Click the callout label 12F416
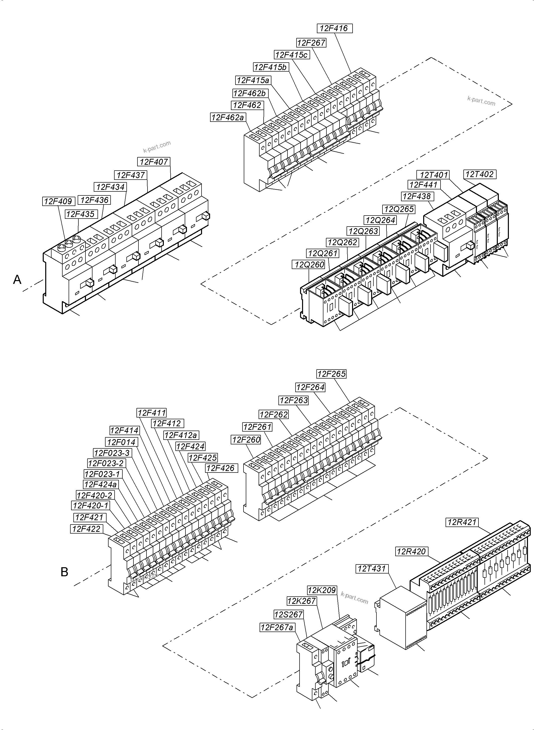[x=334, y=28]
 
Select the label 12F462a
[x=228, y=117]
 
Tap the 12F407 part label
[x=154, y=162]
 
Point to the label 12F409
[x=58, y=201]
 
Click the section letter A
[x=17, y=280]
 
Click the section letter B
[x=64, y=572]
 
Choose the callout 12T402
[x=480, y=175]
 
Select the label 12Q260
[x=309, y=265]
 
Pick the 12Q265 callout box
[x=399, y=209]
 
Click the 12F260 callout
[x=246, y=440]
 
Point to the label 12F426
[x=222, y=468]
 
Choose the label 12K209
[x=322, y=590]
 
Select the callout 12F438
[x=417, y=196]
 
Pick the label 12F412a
[x=181, y=435]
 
